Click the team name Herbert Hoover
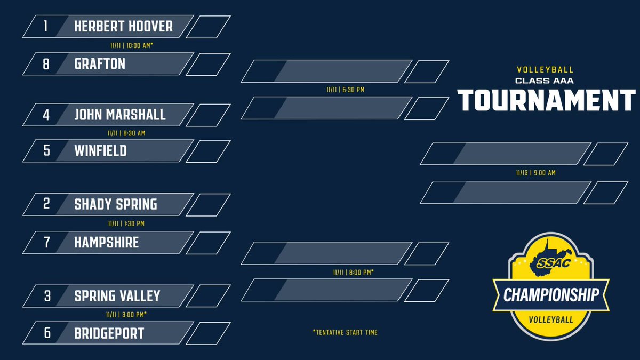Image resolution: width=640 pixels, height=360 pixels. click(x=123, y=27)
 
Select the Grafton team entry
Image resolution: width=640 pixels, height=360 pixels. click(x=100, y=64)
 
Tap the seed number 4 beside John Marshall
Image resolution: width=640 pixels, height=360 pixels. click(x=46, y=115)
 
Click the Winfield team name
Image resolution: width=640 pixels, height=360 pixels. click(x=100, y=151)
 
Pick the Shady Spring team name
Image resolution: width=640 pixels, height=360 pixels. click(x=116, y=204)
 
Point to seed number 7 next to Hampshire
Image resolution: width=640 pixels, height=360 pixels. click(x=46, y=243)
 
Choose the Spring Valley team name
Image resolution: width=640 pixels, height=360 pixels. click(x=117, y=296)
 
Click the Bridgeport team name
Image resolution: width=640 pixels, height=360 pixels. click(x=109, y=333)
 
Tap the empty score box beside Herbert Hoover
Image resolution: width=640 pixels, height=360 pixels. click(x=208, y=27)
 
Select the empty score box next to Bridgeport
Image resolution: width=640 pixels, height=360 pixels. click(x=208, y=333)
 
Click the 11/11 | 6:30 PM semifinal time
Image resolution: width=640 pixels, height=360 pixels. click(x=345, y=90)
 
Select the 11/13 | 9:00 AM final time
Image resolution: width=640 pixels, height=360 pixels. click(x=535, y=173)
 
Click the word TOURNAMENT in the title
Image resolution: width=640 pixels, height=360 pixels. click(x=547, y=99)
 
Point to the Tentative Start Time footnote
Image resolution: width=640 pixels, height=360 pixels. click(x=345, y=332)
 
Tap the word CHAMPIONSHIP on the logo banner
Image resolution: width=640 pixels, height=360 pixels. click(x=551, y=294)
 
